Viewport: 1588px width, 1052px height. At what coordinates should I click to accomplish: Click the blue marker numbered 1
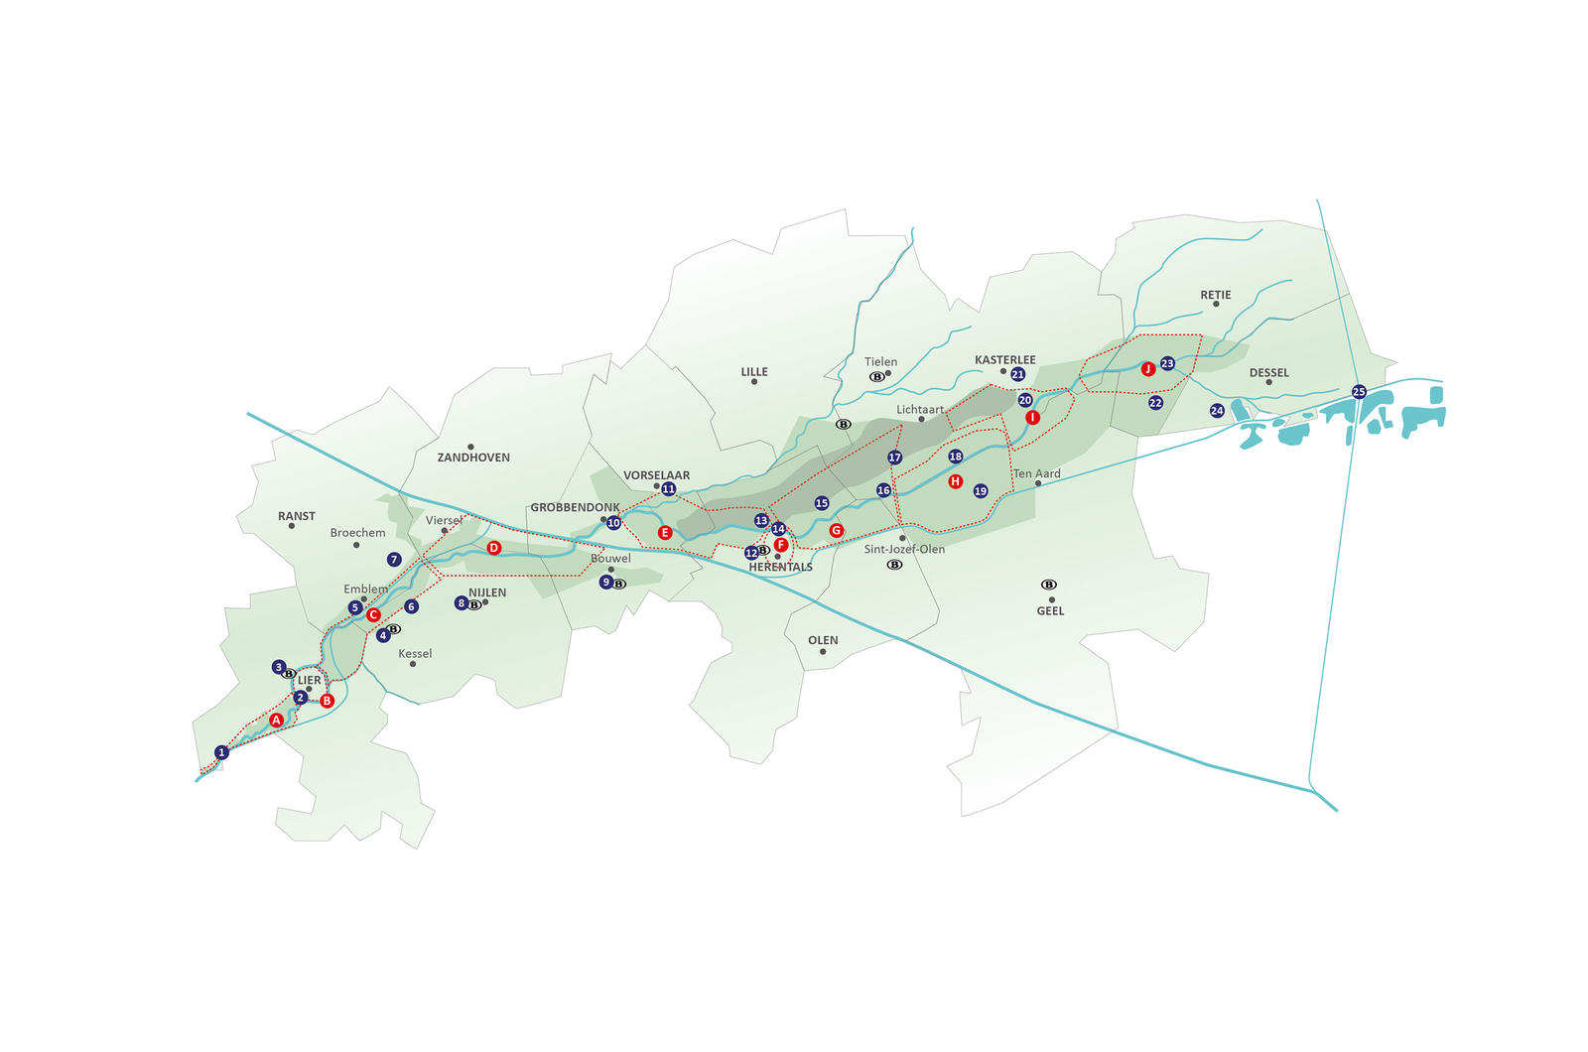[222, 752]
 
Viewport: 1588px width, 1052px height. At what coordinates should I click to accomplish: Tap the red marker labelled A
[277, 721]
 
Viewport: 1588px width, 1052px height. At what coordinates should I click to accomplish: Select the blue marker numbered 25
[1359, 391]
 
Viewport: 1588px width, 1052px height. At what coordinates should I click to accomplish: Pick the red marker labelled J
[1148, 368]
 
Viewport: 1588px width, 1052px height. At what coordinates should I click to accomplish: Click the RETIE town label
[1216, 295]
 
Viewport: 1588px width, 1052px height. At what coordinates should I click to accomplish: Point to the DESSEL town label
[1269, 373]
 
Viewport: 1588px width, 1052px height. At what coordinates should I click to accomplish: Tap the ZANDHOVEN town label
[473, 458]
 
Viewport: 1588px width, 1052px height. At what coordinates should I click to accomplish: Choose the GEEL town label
[1051, 611]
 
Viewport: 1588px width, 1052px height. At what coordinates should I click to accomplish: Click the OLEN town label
[823, 640]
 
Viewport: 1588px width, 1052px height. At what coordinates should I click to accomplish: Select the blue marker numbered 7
[394, 560]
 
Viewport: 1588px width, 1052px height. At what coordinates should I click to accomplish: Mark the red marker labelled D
[494, 548]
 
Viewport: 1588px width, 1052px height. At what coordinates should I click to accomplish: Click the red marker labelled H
[956, 481]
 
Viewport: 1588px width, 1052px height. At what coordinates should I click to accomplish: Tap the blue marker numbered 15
[822, 503]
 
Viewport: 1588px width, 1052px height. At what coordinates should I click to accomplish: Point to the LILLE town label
[754, 371]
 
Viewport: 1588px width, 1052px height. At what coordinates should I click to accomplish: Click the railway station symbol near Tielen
[877, 376]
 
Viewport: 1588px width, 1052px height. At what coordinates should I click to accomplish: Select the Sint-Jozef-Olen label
[904, 549]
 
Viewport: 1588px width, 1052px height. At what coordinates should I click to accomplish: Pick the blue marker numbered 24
[1217, 411]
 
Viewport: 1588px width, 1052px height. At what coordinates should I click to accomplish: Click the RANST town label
[297, 516]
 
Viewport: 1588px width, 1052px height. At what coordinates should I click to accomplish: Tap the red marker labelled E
[664, 532]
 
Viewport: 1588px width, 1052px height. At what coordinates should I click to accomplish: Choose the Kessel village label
[415, 654]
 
